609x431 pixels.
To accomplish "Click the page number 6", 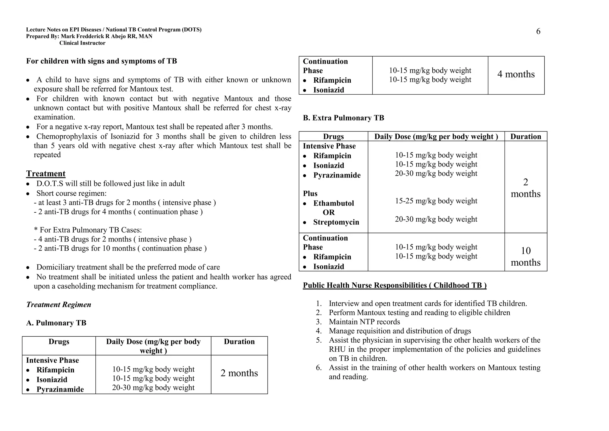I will point(538,32).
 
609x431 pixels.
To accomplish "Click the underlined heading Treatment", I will point(46,174).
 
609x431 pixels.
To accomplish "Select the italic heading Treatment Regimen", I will point(59,305).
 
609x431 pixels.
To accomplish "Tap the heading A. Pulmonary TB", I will point(56,323).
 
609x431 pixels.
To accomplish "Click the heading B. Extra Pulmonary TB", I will point(343,118).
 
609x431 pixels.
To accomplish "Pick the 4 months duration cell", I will point(516,74).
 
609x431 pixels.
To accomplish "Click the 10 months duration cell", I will point(525,256).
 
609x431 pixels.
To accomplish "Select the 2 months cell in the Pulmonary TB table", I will point(239,373).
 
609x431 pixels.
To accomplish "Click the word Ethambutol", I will point(333,203).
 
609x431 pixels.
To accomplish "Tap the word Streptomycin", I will point(336,222).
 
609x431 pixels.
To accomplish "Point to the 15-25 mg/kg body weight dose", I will point(436,201).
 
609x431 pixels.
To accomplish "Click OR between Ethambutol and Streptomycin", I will point(329,213).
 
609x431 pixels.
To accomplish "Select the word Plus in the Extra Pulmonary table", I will point(310,194).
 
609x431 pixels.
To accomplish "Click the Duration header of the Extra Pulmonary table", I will point(525,137).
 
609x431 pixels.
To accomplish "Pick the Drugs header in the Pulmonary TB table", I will point(59,342).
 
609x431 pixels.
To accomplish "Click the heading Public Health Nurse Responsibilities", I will point(395,285).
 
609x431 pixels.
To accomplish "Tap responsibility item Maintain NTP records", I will point(364,322).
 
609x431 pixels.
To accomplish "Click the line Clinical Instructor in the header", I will point(82,43).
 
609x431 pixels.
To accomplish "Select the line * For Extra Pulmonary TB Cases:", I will point(88,230).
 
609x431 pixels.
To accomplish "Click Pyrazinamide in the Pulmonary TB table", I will point(60,389).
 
